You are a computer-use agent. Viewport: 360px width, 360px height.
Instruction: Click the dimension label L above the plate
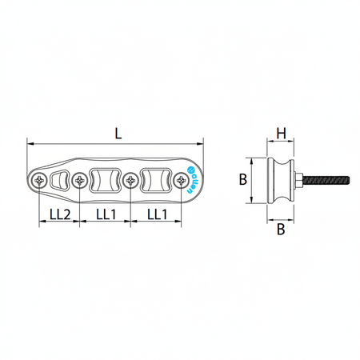tap(118, 134)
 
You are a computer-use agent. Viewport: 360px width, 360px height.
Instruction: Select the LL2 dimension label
tap(60, 214)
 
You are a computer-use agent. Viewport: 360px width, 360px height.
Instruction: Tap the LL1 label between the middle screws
tap(106, 214)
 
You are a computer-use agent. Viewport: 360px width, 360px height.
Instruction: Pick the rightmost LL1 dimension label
tap(158, 214)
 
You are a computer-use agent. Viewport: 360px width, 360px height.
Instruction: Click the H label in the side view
tap(281, 134)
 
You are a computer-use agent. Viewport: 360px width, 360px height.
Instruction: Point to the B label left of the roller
tap(243, 179)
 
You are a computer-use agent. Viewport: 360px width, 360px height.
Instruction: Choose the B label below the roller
tap(281, 229)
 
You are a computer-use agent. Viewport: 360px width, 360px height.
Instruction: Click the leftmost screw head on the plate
tap(39, 181)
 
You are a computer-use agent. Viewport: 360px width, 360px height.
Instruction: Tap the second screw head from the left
tap(80, 181)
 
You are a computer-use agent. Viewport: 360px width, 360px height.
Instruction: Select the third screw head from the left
tap(130, 181)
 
